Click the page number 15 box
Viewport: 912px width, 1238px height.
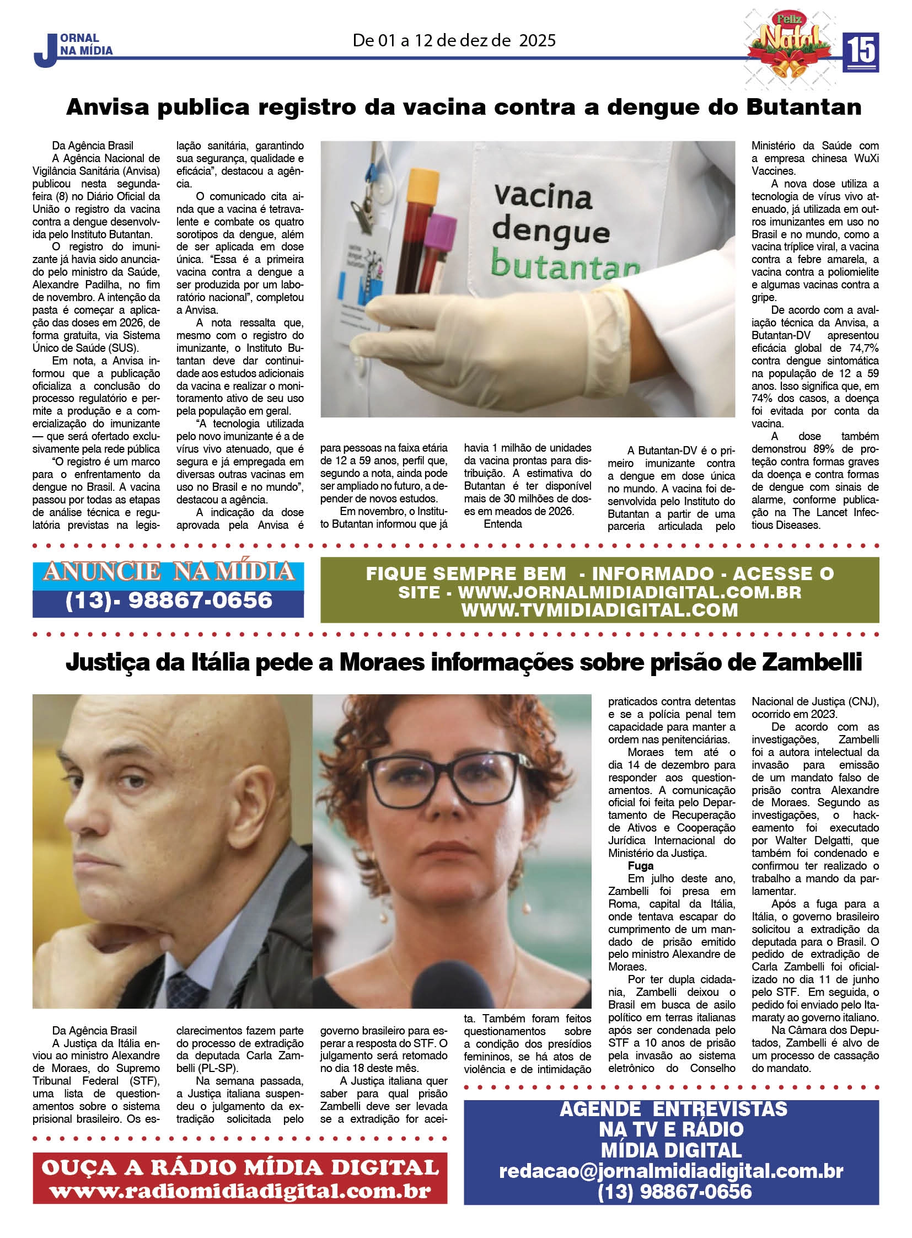point(860,52)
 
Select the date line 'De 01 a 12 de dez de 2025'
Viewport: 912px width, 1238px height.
point(454,40)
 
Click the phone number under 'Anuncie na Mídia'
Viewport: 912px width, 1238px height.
point(168,601)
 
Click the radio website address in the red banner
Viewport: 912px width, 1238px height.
point(240,1191)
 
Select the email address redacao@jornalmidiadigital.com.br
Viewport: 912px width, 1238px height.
point(670,1171)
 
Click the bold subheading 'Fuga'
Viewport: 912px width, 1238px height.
point(640,866)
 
